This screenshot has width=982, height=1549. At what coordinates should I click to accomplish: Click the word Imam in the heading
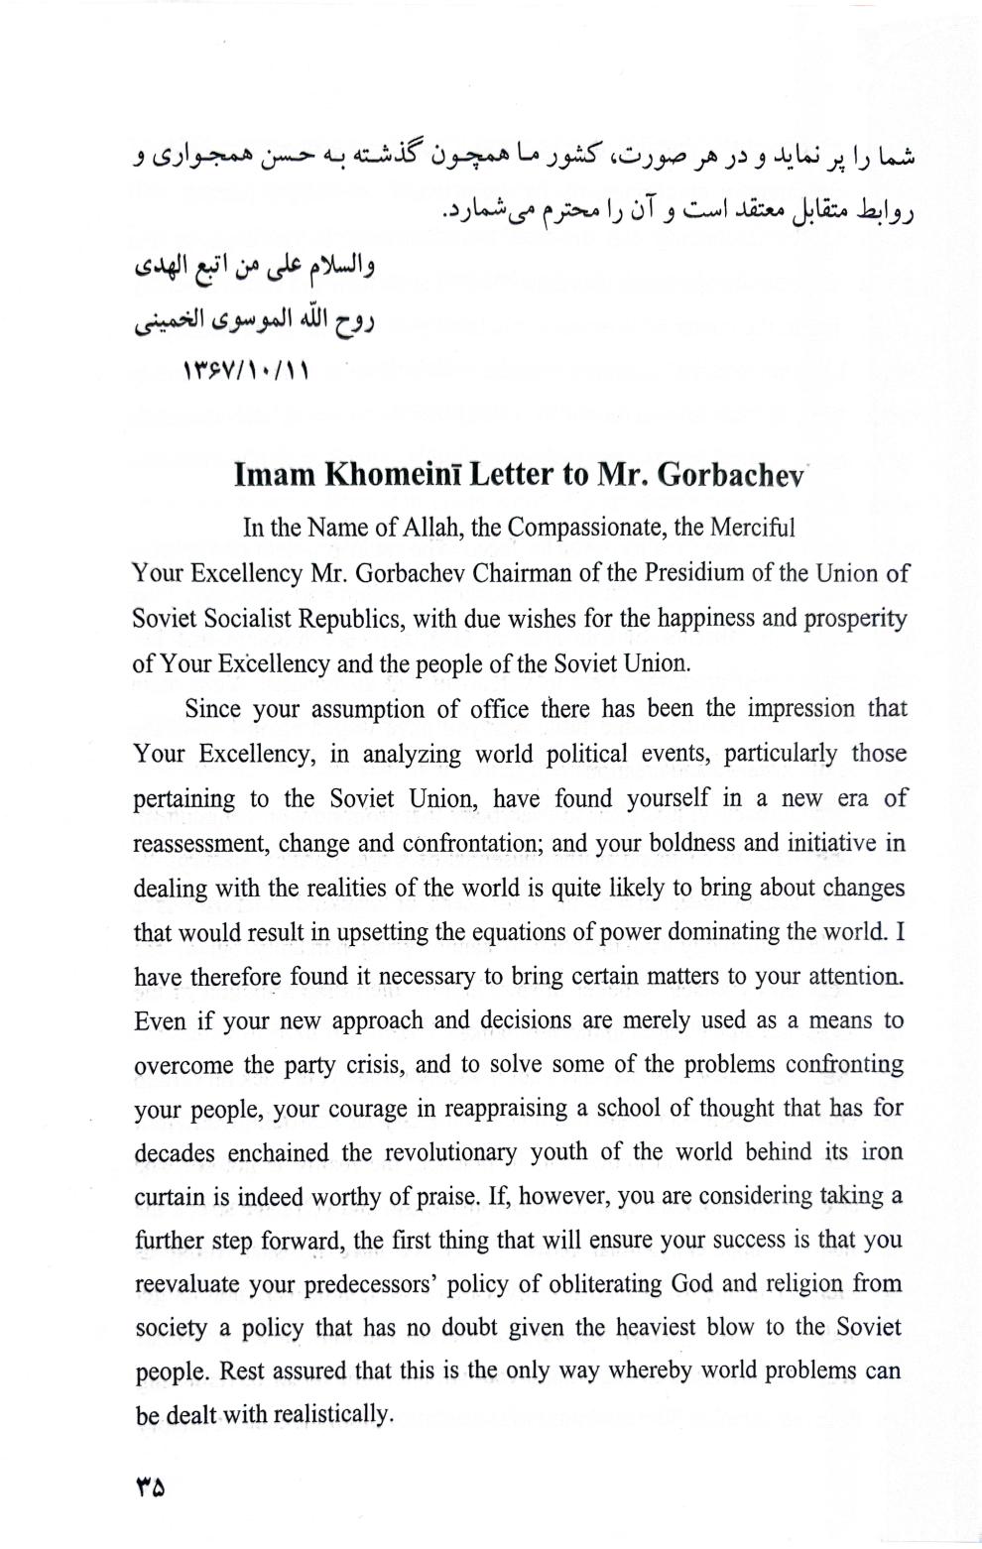(x=273, y=475)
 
